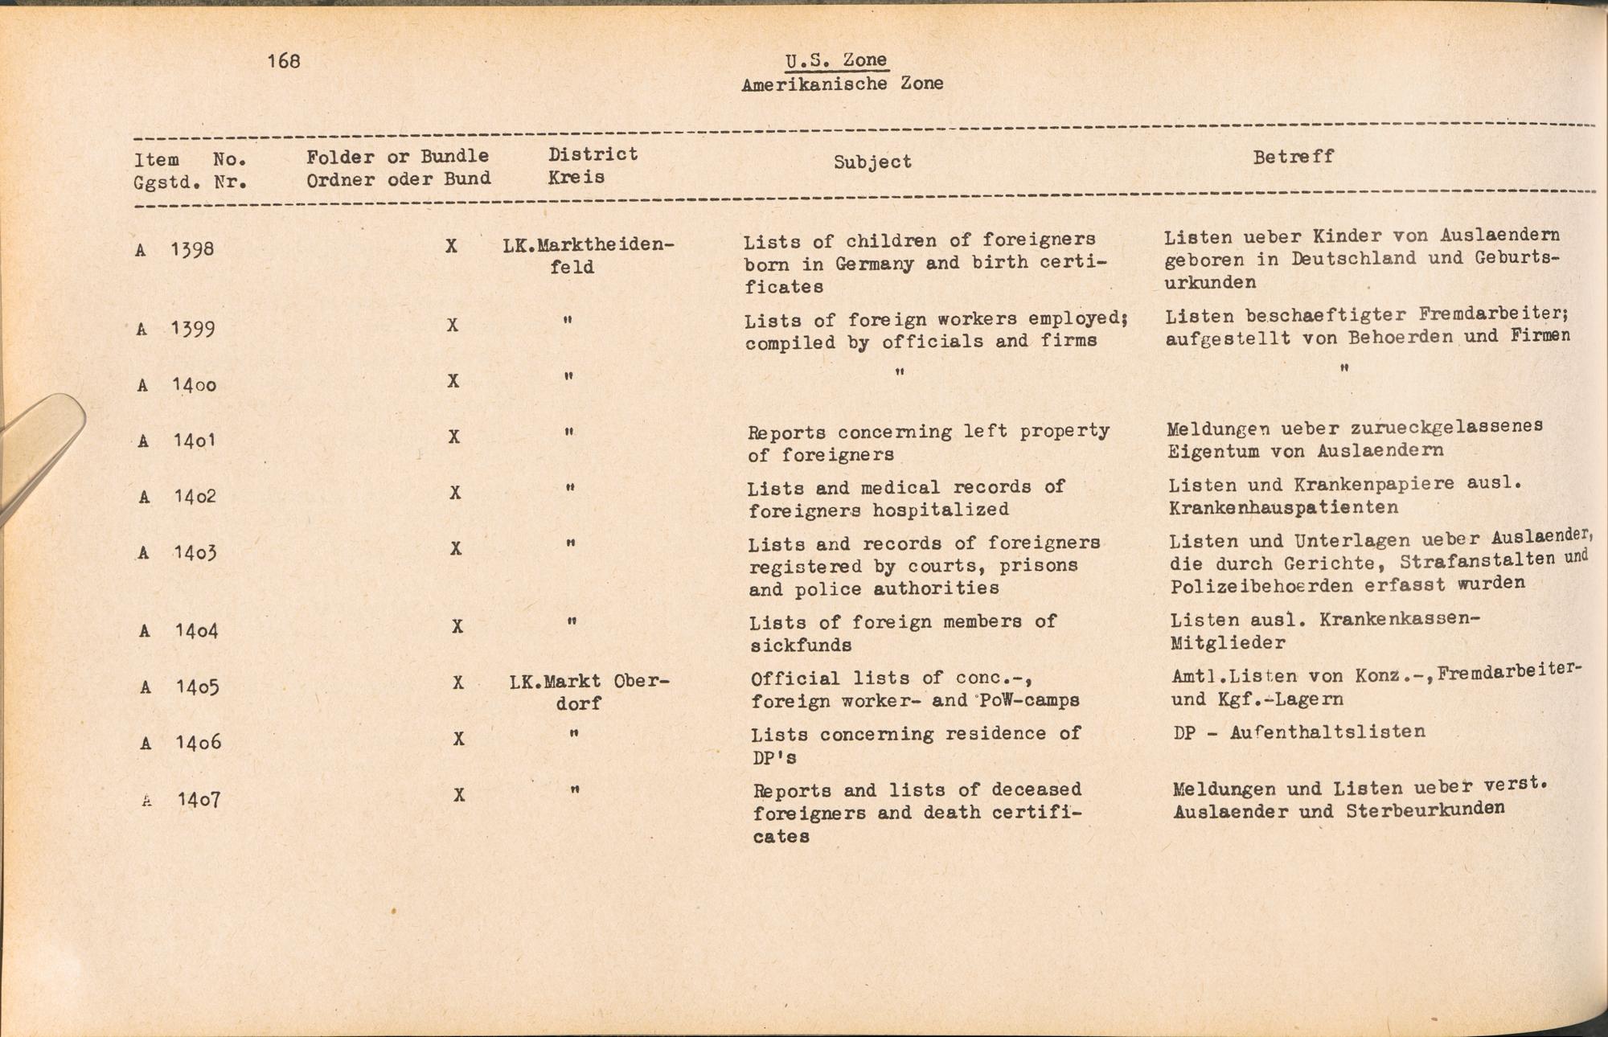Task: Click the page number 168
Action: coord(284,61)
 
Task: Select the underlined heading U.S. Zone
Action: coord(836,60)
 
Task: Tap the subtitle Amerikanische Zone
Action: coord(842,84)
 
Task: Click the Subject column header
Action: coord(872,162)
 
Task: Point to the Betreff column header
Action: coord(1293,157)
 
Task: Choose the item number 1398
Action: coord(192,248)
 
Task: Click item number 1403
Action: coord(195,552)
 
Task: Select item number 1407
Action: coord(199,799)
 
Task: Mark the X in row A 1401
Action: coord(454,437)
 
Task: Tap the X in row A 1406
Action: coord(458,739)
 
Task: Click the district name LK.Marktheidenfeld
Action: coord(588,255)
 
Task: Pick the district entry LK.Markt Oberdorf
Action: coord(589,691)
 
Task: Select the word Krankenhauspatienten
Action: coord(1283,508)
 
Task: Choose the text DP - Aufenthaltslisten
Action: coord(1299,732)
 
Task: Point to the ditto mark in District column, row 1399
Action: coord(568,320)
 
